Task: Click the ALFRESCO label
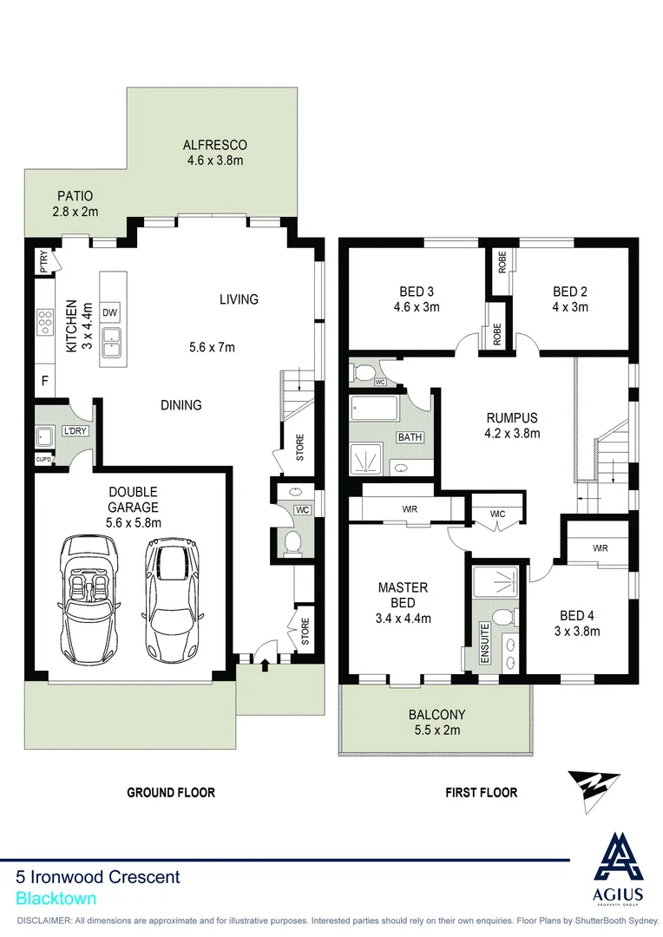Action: click(214, 146)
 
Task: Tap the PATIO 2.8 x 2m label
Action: click(75, 204)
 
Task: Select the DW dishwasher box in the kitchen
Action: click(109, 312)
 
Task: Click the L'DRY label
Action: click(75, 430)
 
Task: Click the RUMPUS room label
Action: click(512, 416)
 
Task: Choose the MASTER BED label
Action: click(403, 595)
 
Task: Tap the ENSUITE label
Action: click(484, 642)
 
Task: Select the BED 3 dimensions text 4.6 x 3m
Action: click(417, 306)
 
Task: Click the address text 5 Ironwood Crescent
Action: click(99, 877)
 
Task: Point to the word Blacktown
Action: click(56, 899)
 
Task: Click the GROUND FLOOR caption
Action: click(171, 792)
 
